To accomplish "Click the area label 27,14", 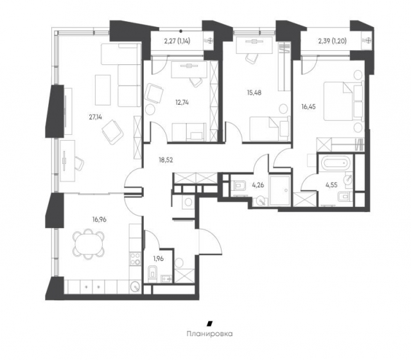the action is pos(96,117).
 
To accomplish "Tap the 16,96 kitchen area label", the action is pos(100,219).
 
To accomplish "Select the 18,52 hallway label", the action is pos(166,160).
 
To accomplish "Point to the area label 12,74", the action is pos(182,102).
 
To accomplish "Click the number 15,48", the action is pos(254,93).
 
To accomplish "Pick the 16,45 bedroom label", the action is pos(308,107).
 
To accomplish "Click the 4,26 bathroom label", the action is pos(258,185).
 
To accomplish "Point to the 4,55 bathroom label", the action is pos(331,185).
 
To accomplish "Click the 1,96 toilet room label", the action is pos(159,258).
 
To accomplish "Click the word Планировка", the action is pos(210,334).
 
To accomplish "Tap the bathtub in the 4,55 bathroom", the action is pos(335,163).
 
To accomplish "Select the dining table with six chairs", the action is pos(89,243).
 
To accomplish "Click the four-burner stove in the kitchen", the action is pos(136,258).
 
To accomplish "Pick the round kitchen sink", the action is pos(136,287).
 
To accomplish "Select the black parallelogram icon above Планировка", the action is pos(209,323).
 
